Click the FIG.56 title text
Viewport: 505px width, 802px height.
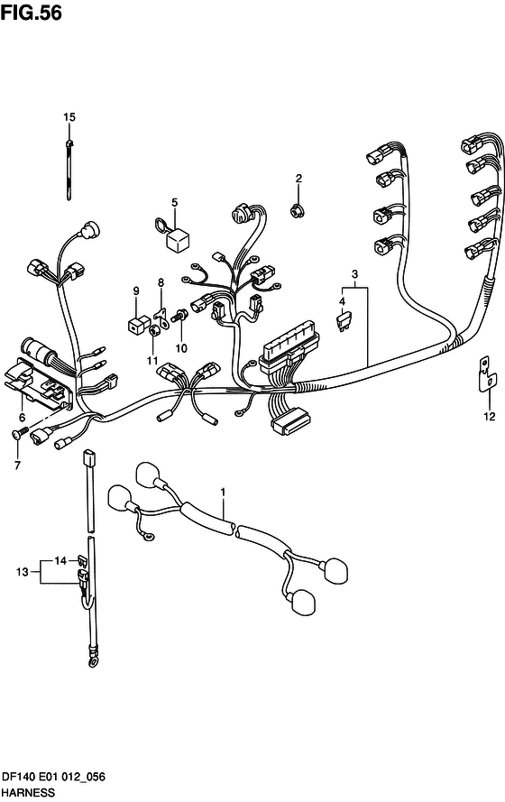pos(31,12)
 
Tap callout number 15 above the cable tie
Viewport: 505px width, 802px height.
pos(69,117)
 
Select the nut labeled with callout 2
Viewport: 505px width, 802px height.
pos(295,209)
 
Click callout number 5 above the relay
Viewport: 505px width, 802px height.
pos(174,203)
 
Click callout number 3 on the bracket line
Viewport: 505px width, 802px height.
pos(354,273)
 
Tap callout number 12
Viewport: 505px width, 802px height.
pos(489,417)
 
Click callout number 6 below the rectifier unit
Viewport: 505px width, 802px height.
pos(22,418)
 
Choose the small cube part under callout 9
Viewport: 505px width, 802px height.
pos(137,324)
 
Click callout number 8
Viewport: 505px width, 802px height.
pos(161,281)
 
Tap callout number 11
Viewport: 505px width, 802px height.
pos(152,361)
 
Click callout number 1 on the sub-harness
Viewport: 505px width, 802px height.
pos(223,492)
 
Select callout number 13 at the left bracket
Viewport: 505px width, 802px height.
pos(22,571)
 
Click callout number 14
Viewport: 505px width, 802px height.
pos(60,560)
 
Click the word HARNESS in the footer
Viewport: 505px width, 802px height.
pos(28,793)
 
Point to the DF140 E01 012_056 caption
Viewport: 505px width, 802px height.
pos(53,777)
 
